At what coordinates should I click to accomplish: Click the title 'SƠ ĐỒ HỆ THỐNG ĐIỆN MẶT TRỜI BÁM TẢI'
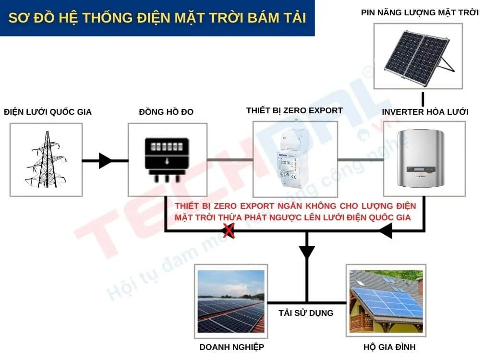tap(157, 18)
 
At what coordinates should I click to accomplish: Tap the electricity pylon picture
tap(46, 159)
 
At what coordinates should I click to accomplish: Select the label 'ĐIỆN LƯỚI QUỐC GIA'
tap(48, 112)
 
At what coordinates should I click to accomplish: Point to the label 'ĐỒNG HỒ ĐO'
tap(166, 112)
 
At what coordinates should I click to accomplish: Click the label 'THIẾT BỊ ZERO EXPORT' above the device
tap(294, 110)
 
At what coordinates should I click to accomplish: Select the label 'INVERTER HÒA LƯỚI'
tap(425, 112)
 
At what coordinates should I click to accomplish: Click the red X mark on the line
tap(230, 232)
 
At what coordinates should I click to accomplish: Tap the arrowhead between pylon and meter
tap(105, 160)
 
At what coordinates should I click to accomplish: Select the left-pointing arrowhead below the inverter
tap(386, 232)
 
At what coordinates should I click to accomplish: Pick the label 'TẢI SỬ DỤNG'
tap(306, 313)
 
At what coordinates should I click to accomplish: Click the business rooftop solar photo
tap(231, 301)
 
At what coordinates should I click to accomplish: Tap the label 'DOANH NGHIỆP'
tap(232, 347)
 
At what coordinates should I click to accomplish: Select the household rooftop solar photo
tap(386, 301)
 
